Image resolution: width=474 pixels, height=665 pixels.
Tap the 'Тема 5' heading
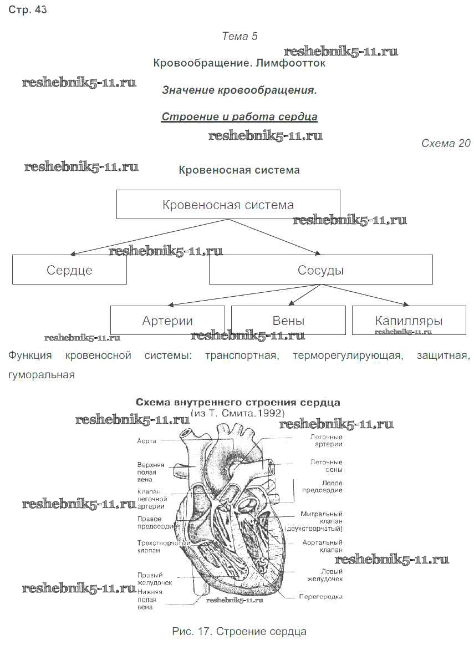[239, 37]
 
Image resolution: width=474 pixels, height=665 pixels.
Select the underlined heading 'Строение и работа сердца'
[239, 117]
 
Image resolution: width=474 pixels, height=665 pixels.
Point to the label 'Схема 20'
[446, 144]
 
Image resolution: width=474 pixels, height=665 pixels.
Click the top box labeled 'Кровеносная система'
[228, 205]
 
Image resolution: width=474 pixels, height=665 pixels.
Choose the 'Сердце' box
[69, 270]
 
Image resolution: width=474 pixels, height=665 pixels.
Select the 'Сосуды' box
[320, 270]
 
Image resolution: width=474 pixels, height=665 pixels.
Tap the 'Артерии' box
[167, 321]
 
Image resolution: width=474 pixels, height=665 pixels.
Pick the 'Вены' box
[288, 321]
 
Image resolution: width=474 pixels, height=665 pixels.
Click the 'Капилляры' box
[409, 321]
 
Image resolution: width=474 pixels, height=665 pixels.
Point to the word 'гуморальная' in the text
[42, 375]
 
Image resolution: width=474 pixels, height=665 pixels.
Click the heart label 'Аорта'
[147, 441]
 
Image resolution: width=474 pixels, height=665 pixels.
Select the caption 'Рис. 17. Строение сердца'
[239, 631]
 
